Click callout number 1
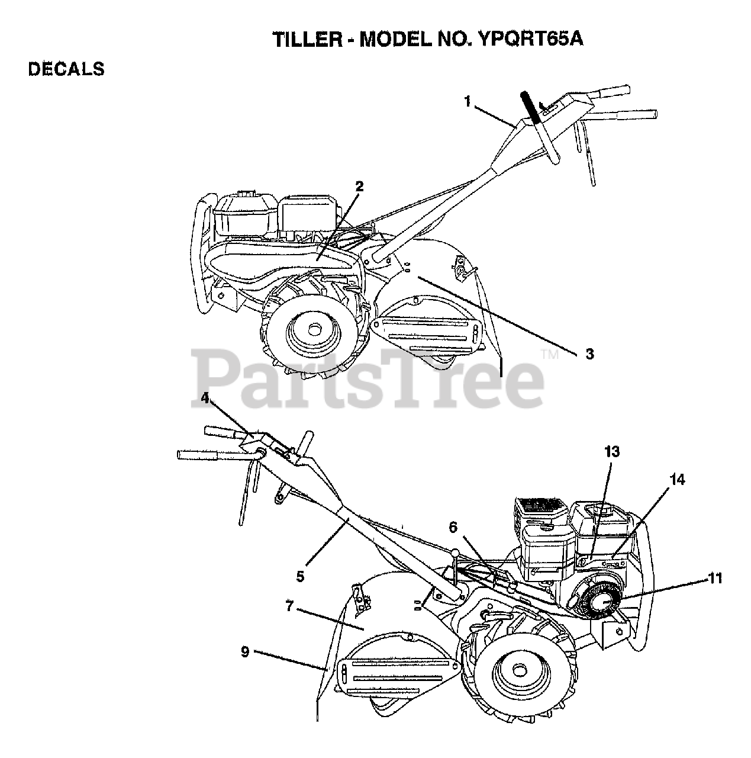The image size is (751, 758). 467,102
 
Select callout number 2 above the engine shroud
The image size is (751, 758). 359,186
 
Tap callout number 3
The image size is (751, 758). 589,354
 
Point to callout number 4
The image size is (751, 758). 205,398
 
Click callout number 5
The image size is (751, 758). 301,576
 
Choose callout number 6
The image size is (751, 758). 453,526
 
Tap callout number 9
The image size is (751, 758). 245,652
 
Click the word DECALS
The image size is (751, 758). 66,69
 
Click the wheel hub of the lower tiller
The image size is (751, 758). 519,669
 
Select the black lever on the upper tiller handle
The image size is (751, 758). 532,107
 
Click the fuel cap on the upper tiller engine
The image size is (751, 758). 242,193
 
